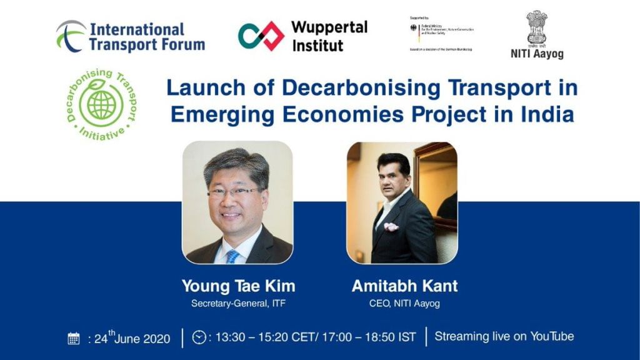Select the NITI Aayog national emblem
(536, 27)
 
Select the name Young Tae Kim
(238, 286)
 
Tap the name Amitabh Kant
(404, 286)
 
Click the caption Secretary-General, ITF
(238, 304)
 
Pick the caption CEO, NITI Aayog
(404, 304)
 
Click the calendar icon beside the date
(74, 339)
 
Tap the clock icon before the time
(199, 337)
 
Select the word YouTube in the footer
(552, 336)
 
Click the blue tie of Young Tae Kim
(232, 256)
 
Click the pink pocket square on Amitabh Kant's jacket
(391, 226)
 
